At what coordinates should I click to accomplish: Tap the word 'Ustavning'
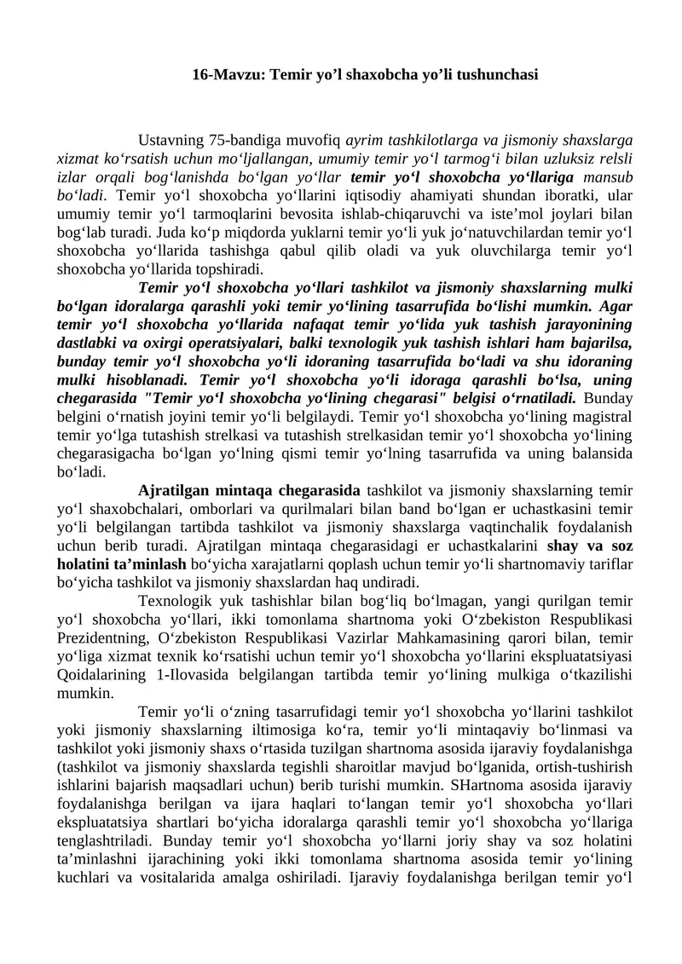click(x=170, y=140)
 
